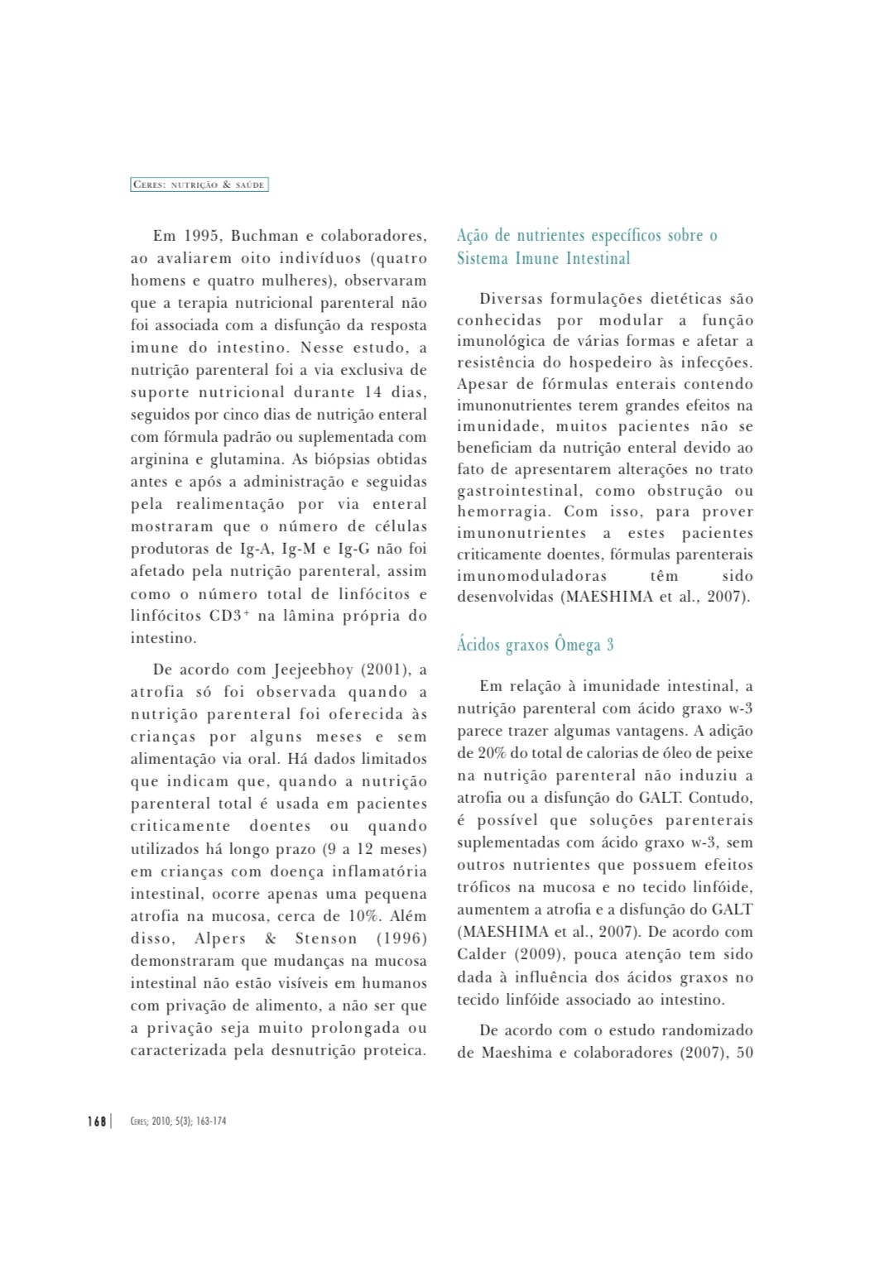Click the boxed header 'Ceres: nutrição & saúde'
point(199,185)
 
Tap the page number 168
point(97,1121)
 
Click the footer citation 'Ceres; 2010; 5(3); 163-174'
point(178,1121)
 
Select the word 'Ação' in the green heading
point(472,236)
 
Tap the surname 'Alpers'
point(220,939)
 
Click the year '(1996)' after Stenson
point(402,939)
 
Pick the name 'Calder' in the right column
point(482,954)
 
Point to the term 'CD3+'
point(229,616)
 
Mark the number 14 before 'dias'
point(373,392)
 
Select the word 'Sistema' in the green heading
point(483,258)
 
